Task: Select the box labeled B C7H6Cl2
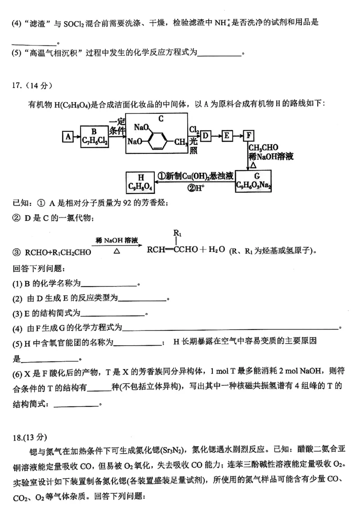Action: pos(94,136)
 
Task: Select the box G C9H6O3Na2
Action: pos(253,181)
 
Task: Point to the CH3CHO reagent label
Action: pos(263,147)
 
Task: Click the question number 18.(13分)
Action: pos(30,437)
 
